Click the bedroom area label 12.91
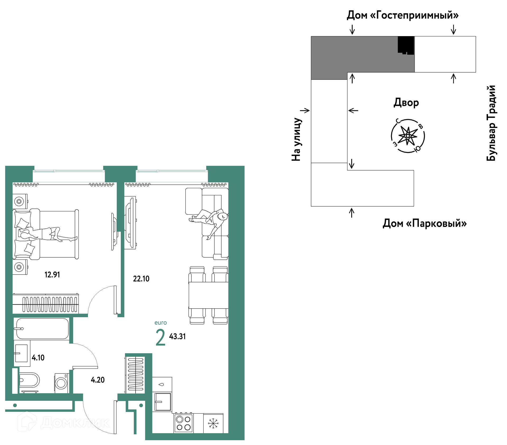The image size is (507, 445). [52, 275]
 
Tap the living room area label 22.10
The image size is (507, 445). [141, 279]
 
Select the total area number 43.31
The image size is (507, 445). [177, 337]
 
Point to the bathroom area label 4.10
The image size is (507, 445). [38, 358]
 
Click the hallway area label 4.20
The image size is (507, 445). [98, 380]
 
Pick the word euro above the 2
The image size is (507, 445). [161, 323]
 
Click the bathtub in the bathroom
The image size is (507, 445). [42, 329]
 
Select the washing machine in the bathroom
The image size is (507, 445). [62, 383]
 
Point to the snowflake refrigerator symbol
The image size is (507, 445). [213, 423]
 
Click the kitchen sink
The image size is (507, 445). [163, 402]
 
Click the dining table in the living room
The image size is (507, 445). [208, 295]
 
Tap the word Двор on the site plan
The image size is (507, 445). [406, 103]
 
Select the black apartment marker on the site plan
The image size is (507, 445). [406, 45]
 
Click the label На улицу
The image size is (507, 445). [296, 139]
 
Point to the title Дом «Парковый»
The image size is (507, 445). [425, 223]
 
